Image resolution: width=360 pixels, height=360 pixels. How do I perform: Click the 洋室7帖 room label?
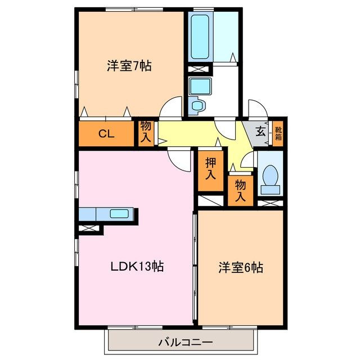(129, 65)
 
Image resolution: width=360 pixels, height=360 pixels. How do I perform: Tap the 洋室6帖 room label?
(241, 268)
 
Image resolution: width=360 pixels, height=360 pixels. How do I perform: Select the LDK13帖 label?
(137, 267)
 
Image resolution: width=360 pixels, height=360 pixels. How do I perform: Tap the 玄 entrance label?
(261, 133)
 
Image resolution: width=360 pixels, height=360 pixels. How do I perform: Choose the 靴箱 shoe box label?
(278, 134)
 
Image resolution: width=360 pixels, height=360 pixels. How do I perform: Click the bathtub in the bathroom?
(200, 37)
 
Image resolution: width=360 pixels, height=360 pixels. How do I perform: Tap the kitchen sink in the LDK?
(119, 214)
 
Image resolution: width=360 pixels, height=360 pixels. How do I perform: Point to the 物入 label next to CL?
(146, 133)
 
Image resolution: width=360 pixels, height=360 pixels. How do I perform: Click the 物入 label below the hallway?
(240, 190)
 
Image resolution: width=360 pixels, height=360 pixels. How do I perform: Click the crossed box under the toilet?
(270, 201)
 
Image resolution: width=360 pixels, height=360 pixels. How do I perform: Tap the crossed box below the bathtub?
(199, 69)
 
